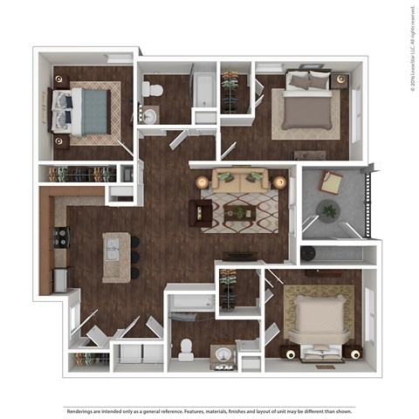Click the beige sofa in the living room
[x=237, y=182]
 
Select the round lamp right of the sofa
[x=279, y=182]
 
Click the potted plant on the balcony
[x=328, y=210]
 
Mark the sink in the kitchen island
[x=114, y=253]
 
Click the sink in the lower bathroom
[x=223, y=356]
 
